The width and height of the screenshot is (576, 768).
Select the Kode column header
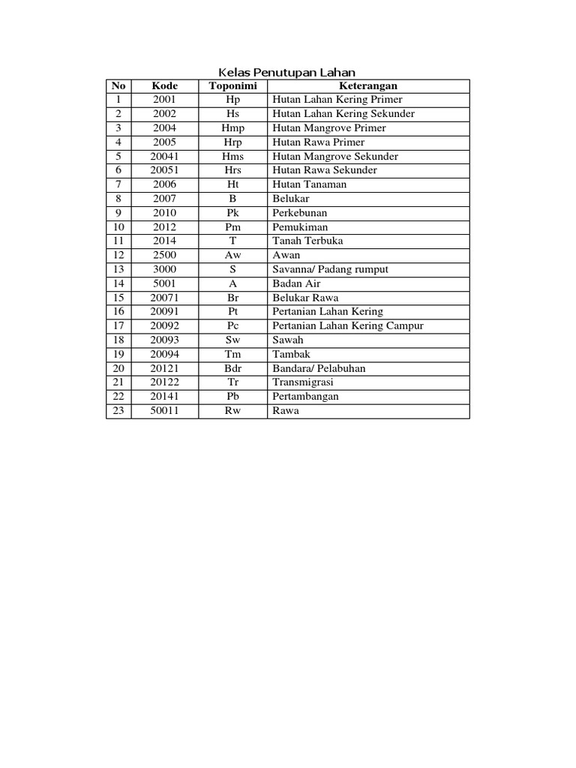coord(164,86)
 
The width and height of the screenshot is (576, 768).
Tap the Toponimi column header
coord(232,86)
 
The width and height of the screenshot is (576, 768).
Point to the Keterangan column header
coord(367,86)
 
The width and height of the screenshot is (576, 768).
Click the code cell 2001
coord(164,100)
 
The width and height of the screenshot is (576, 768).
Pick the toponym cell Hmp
coord(232,128)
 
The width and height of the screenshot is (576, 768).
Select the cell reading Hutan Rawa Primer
coord(319,142)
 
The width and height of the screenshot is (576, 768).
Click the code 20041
coord(164,157)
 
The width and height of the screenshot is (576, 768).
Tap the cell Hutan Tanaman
coord(310,184)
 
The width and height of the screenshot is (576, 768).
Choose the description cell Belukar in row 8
coord(291,199)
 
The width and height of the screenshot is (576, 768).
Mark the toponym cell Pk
coord(232,213)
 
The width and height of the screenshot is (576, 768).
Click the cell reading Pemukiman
coord(300,227)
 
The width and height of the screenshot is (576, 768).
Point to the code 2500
coord(164,255)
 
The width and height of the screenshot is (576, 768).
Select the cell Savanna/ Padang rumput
coord(331,269)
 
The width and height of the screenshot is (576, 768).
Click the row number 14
coord(118,283)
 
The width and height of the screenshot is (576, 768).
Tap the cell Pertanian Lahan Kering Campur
coord(348,326)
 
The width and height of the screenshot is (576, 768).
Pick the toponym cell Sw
coord(232,340)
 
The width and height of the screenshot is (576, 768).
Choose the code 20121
coord(164,368)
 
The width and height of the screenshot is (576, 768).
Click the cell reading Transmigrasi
coord(304,382)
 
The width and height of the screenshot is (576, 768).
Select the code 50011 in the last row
coord(164,411)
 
